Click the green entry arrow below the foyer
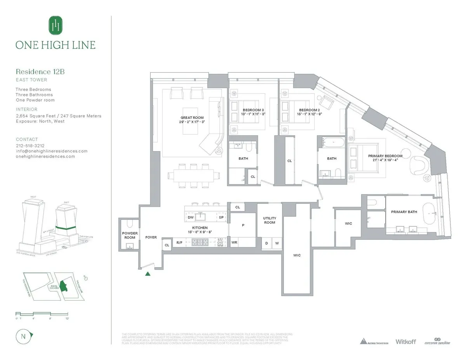tap(148, 274)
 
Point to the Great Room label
tap(192, 120)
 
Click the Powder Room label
tap(130, 235)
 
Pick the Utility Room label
tap(270, 220)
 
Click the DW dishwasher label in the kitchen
tap(190, 217)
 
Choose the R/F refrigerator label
tap(179, 243)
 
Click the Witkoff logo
tap(405, 342)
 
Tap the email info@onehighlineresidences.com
tap(51, 151)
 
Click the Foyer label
tap(151, 237)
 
